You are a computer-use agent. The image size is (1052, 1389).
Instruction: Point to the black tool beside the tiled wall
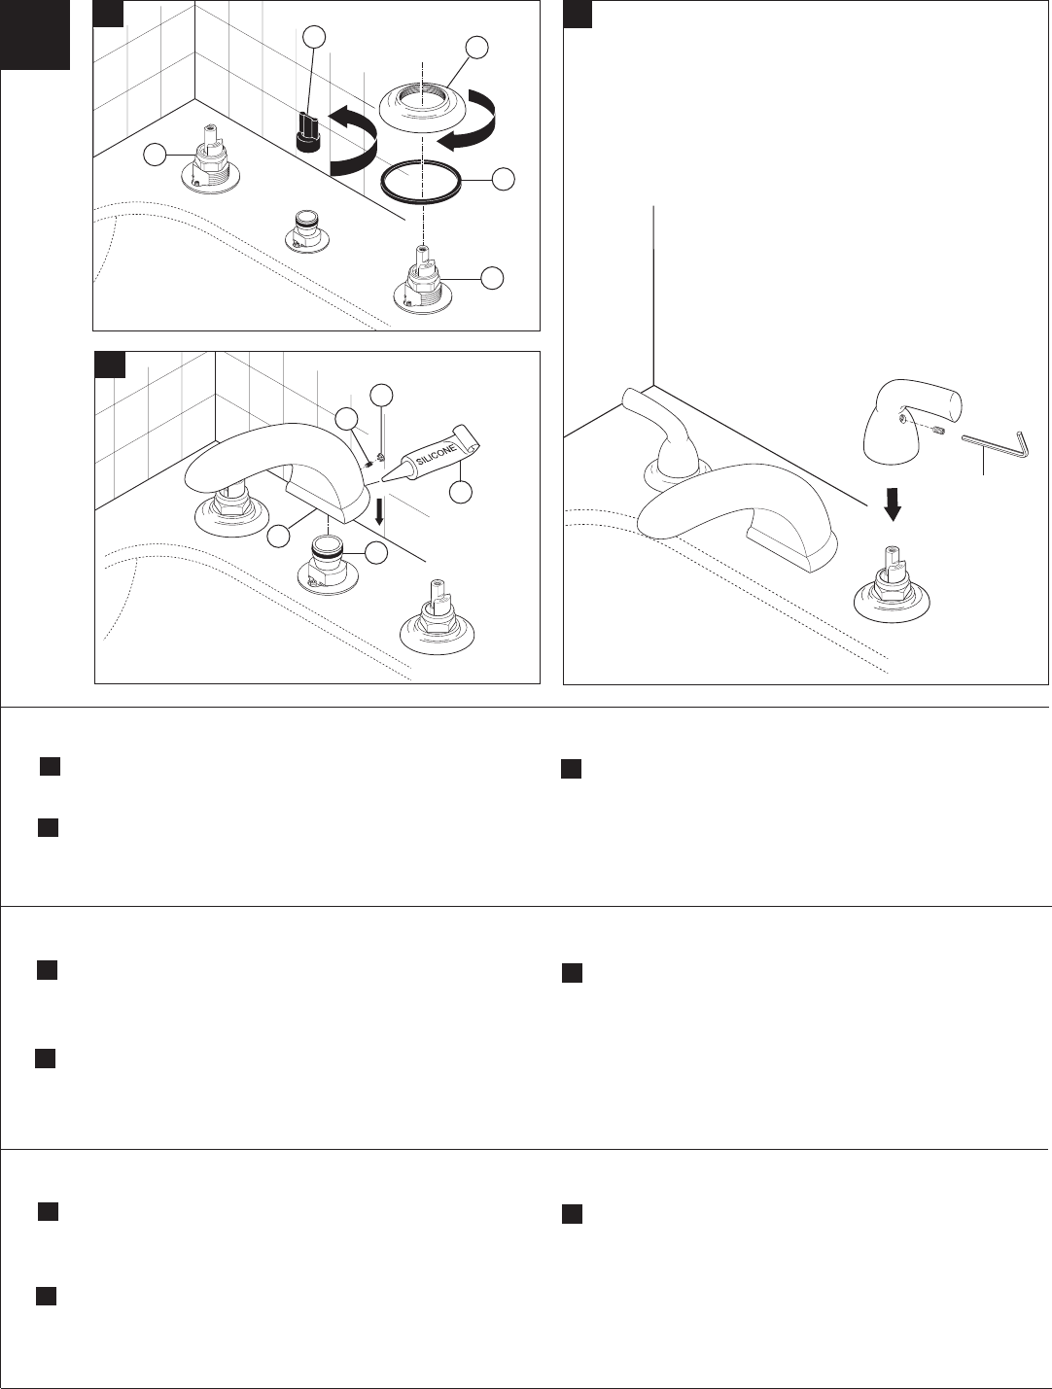click(x=309, y=132)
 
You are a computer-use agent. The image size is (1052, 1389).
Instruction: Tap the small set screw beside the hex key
click(x=939, y=431)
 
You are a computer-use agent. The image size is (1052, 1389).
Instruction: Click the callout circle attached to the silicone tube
click(x=462, y=492)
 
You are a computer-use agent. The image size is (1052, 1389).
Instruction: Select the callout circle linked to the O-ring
click(x=502, y=180)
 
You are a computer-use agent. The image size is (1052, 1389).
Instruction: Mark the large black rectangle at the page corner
click(x=35, y=35)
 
